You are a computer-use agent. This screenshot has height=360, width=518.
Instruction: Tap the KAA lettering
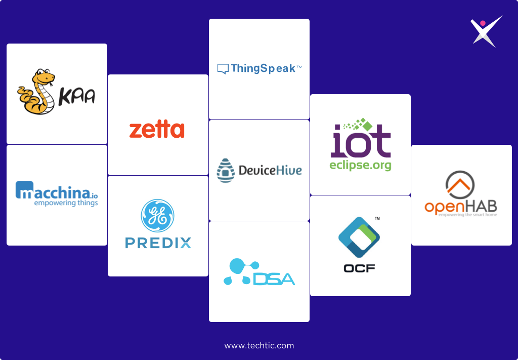[x=77, y=97]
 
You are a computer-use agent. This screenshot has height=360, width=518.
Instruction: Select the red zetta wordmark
[x=157, y=130]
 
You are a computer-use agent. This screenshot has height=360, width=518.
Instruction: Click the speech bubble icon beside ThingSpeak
[x=223, y=69]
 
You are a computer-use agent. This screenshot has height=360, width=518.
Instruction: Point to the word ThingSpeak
[x=263, y=68]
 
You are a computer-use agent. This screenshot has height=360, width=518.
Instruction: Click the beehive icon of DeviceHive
[x=226, y=170]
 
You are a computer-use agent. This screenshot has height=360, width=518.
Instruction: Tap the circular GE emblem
[x=157, y=216]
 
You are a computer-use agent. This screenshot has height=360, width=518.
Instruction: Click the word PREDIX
[x=158, y=243]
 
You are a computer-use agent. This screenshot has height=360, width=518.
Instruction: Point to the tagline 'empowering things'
[x=66, y=203]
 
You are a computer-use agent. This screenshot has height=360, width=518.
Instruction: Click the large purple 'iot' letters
[x=361, y=142]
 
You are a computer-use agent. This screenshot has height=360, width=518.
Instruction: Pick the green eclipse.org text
[x=360, y=166]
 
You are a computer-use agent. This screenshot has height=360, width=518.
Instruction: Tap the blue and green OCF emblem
[x=359, y=237]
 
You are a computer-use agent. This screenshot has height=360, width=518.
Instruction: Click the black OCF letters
[x=359, y=268]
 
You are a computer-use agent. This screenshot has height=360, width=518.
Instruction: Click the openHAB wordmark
[x=460, y=207]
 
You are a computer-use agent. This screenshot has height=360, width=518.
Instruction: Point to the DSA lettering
[x=274, y=278]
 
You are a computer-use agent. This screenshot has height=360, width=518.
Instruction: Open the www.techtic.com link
[x=259, y=346]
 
